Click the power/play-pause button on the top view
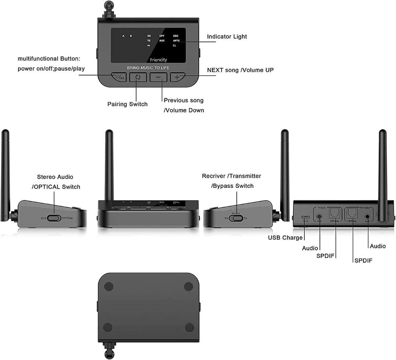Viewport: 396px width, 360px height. pyautogui.click(x=119, y=77)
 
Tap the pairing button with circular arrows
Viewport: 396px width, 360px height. pyautogui.click(x=138, y=77)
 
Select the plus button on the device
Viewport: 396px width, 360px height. pyautogui.click(x=177, y=77)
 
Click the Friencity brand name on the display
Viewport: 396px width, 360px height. pyautogui.click(x=158, y=60)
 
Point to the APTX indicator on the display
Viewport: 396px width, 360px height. pyautogui.click(x=176, y=40)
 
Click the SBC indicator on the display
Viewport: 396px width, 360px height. pyautogui.click(x=176, y=36)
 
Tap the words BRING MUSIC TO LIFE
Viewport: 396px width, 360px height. pyautogui.click(x=148, y=68)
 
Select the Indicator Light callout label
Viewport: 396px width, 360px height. pyautogui.click(x=227, y=37)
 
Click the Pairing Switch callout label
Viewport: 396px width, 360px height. pyautogui.click(x=127, y=104)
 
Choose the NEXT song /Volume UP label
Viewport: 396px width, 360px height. pyautogui.click(x=240, y=70)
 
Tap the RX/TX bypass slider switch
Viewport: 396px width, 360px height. pyautogui.click(x=238, y=218)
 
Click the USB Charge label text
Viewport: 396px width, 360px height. pyautogui.click(x=285, y=238)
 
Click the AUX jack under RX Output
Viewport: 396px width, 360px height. pyautogui.click(x=367, y=217)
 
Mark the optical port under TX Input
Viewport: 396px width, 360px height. pyautogui.click(x=334, y=214)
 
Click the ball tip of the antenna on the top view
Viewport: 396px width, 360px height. pyautogui.click(x=109, y=5)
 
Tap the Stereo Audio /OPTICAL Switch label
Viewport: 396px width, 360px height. pyautogui.click(x=56, y=182)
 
